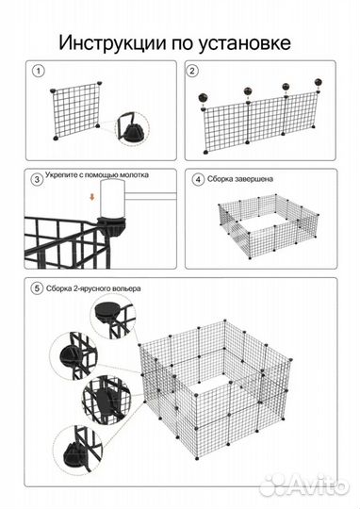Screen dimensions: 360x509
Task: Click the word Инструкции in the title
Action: [x=112, y=42]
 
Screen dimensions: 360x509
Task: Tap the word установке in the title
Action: [x=244, y=43]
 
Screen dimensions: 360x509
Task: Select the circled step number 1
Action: [x=39, y=71]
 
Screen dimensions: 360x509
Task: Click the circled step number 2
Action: [x=192, y=71]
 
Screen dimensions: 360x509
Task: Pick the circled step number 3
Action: [x=37, y=179]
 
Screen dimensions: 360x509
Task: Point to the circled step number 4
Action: [x=198, y=179]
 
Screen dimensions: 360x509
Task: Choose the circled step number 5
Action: [x=37, y=288]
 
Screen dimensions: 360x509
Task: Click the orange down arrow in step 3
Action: [x=92, y=197]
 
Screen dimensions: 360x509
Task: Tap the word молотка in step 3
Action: [x=135, y=175]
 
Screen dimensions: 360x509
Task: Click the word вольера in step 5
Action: [x=127, y=288]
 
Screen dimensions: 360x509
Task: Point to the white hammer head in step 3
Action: [x=113, y=199]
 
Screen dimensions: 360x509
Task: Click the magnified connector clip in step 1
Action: [x=134, y=128]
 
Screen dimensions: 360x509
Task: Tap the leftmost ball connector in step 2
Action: [x=204, y=97]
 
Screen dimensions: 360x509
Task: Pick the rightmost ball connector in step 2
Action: [x=319, y=82]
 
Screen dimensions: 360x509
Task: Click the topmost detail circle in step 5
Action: [x=113, y=319]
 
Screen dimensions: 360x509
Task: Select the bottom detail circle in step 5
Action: [x=78, y=451]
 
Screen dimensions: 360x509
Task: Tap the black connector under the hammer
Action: [x=112, y=226]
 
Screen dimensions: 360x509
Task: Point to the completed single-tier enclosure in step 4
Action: [x=269, y=225]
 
